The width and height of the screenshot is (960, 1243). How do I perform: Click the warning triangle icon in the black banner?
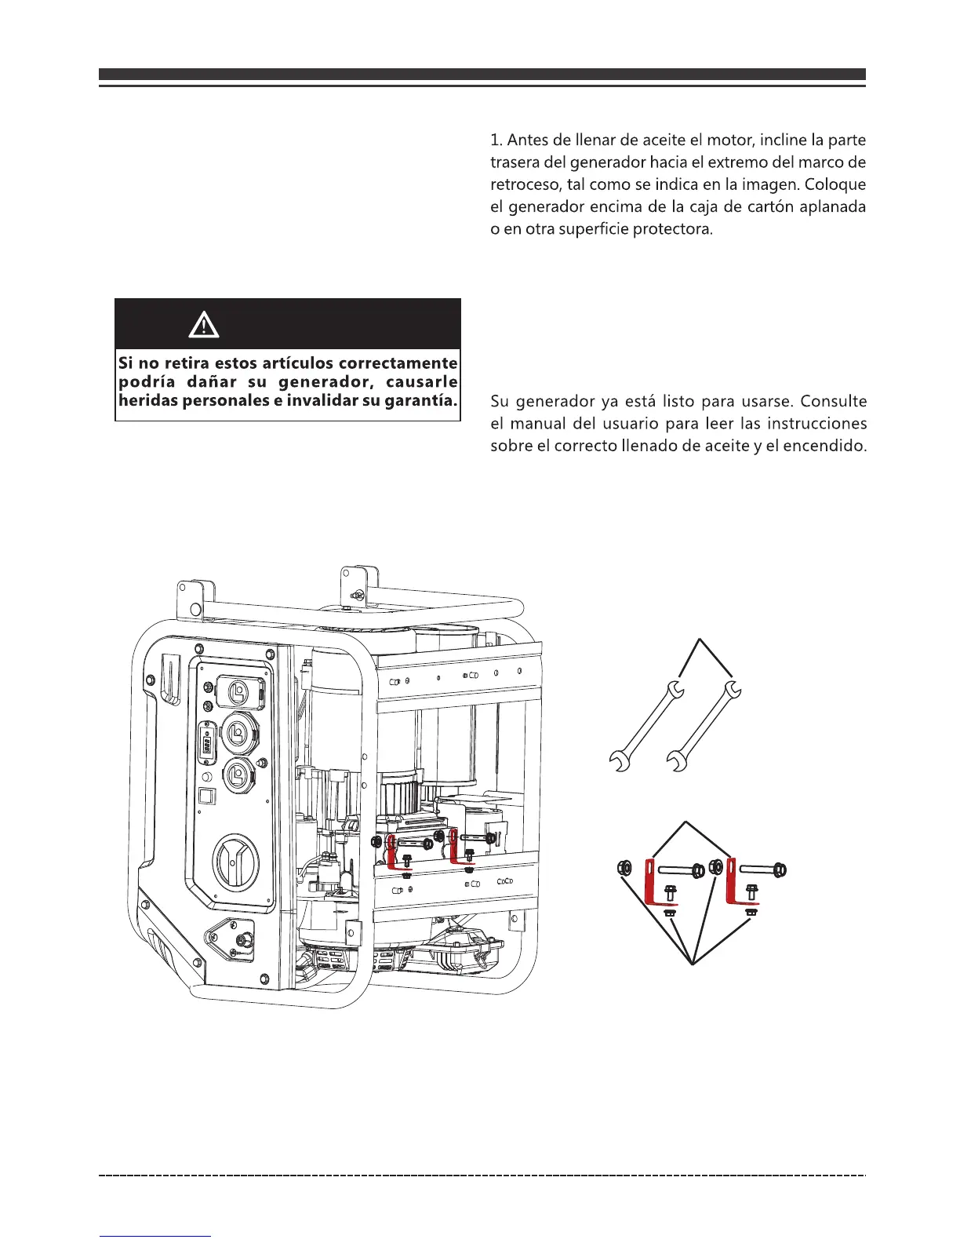(x=204, y=323)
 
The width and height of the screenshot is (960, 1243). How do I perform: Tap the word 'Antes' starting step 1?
(x=527, y=140)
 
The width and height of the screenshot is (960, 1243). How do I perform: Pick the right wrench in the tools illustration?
(x=704, y=726)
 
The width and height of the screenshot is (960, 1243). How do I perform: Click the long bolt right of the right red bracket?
(x=762, y=869)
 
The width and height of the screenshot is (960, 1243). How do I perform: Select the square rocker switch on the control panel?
(x=206, y=796)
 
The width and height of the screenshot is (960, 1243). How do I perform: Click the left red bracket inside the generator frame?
(x=395, y=853)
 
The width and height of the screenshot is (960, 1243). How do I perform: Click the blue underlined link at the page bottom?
(x=155, y=1235)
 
